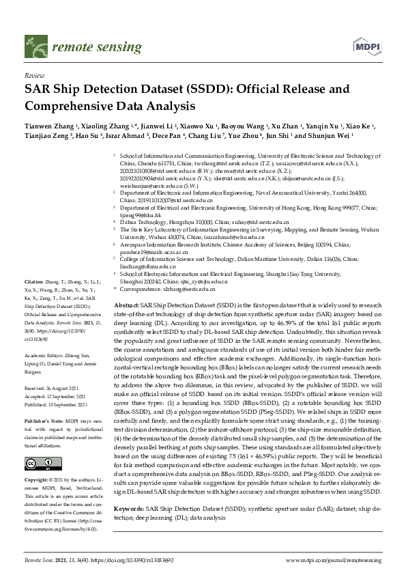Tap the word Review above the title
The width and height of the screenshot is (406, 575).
pos(33,76)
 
